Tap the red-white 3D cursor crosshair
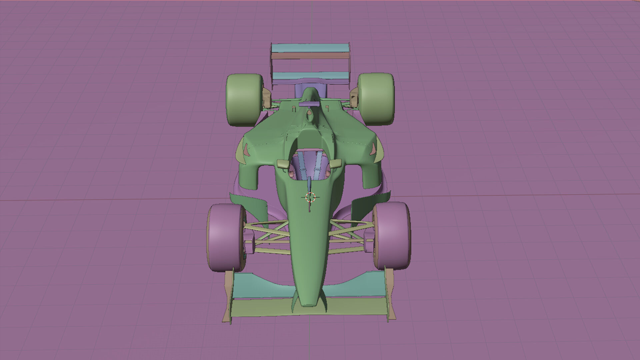tap(310, 197)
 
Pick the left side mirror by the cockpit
tap(284, 164)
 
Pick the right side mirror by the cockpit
tap(336, 163)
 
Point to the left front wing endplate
tap(228, 297)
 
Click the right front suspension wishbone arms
tap(350, 232)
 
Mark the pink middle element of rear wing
tap(310, 56)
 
